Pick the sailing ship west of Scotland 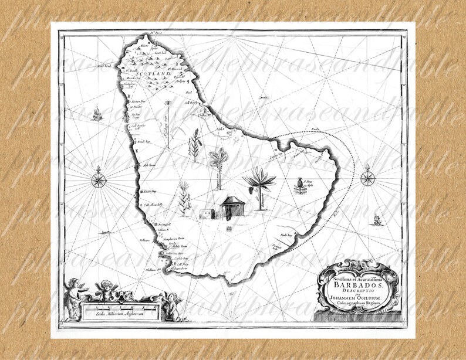[x=97, y=113]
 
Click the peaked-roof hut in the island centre [x=232, y=206]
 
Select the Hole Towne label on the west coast [x=148, y=165]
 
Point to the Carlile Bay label [x=181, y=259]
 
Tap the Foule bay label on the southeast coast [x=286, y=235]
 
